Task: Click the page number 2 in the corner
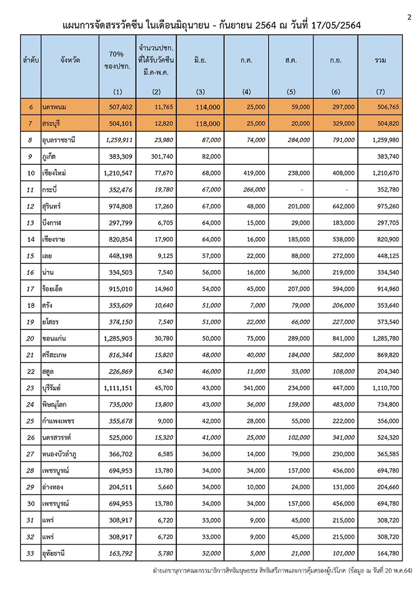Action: (x=409, y=17)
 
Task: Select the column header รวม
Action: (x=381, y=60)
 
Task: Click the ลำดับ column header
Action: (x=31, y=60)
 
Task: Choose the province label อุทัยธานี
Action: (x=58, y=552)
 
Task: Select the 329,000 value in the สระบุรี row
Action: (x=343, y=123)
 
